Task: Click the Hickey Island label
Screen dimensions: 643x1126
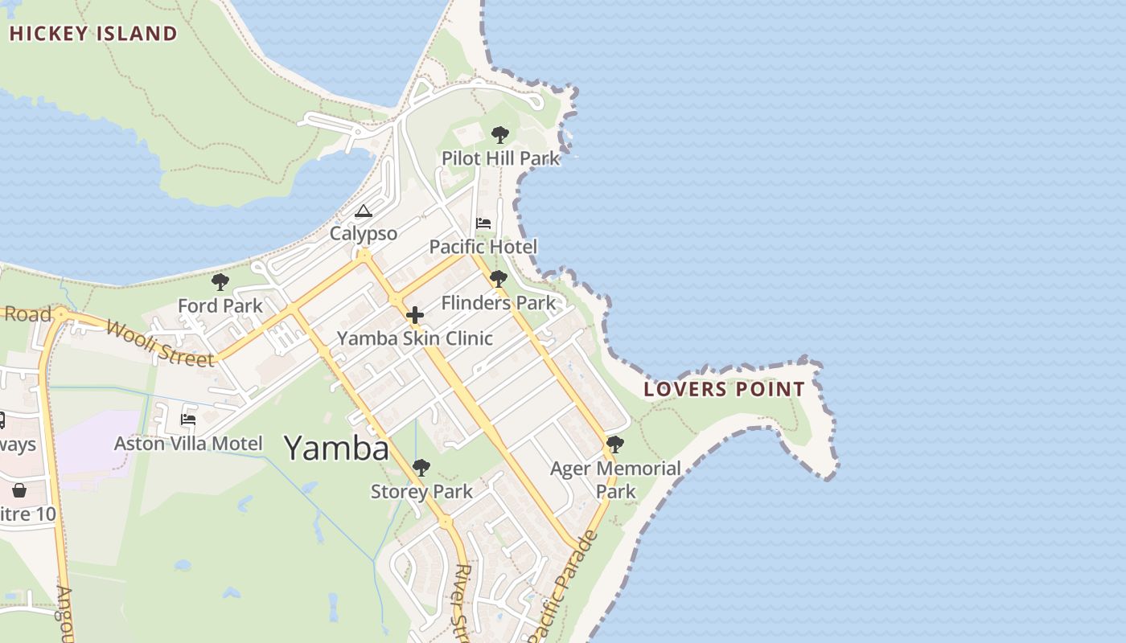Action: [92, 34]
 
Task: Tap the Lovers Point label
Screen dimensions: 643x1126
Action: [724, 390]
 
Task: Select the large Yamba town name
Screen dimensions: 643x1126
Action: [336, 448]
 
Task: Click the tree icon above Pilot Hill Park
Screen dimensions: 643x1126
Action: [500, 135]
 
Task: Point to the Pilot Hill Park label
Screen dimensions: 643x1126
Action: [500, 158]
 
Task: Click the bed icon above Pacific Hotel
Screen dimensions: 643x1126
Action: [483, 223]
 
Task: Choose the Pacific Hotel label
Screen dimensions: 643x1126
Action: [483, 247]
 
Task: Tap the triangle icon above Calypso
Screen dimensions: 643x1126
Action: [364, 211]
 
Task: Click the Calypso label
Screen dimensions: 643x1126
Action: [364, 234]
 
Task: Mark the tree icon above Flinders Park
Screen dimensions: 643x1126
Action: [499, 280]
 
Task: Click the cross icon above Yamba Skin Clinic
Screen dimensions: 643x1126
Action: [415, 315]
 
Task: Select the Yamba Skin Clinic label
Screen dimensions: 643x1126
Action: [414, 338]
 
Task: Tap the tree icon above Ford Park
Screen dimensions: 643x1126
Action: [220, 282]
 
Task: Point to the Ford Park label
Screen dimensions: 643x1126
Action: [220, 306]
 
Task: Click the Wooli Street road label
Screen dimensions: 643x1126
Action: [161, 343]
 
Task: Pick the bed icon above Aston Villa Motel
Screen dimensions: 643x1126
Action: [188, 420]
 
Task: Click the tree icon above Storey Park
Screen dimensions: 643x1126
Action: [421, 468]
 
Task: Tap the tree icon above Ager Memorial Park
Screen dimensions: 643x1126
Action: [615, 444]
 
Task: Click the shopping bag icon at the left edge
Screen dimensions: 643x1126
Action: [19, 489]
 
